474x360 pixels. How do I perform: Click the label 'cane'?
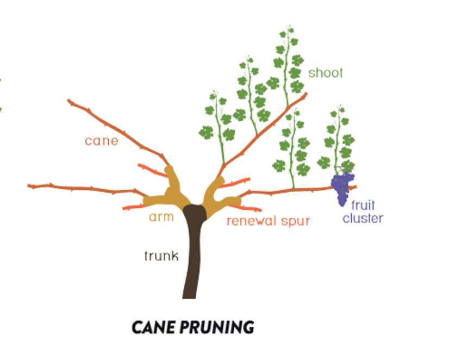pos(101,141)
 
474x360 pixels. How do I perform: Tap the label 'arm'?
pos(161,217)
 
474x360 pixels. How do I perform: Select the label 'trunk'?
pos(161,256)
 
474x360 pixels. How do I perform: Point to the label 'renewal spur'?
pos(268,221)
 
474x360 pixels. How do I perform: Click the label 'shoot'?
pos(326,73)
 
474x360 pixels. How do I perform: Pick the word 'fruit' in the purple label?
pos(363,206)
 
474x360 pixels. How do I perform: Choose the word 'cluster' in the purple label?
pos(363,218)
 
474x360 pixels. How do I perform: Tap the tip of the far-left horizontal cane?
pos(30,187)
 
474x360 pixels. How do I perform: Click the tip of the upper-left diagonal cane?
pos(69,101)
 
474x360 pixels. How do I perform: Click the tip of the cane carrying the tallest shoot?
pos(305,95)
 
